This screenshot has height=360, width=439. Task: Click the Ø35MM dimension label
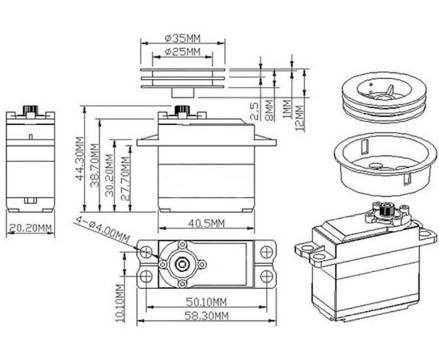[x=182, y=38]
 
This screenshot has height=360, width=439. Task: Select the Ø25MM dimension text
[x=182, y=52]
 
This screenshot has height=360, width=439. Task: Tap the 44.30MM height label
[x=79, y=159]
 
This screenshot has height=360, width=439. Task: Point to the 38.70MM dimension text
[x=95, y=166]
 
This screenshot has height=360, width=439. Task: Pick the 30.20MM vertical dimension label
[x=109, y=175]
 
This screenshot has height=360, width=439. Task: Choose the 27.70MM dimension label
[x=125, y=179]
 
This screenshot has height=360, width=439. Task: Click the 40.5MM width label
[x=206, y=223]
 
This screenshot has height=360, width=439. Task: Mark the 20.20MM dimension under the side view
[x=30, y=228]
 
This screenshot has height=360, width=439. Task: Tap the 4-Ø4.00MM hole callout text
[x=102, y=230]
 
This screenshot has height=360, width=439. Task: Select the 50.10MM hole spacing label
[x=206, y=302]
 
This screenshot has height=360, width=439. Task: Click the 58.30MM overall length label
[x=206, y=316]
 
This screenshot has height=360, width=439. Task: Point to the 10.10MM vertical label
[x=120, y=303]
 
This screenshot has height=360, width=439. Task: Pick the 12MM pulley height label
[x=300, y=118]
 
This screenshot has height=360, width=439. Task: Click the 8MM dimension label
[x=269, y=110]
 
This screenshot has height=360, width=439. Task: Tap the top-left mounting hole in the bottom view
[x=146, y=252]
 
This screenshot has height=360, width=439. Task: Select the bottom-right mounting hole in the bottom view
[x=266, y=276]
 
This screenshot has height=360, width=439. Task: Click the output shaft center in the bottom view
[x=182, y=264]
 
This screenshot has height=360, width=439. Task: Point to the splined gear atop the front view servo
[x=182, y=110]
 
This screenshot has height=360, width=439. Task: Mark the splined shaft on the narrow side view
[x=30, y=109]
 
